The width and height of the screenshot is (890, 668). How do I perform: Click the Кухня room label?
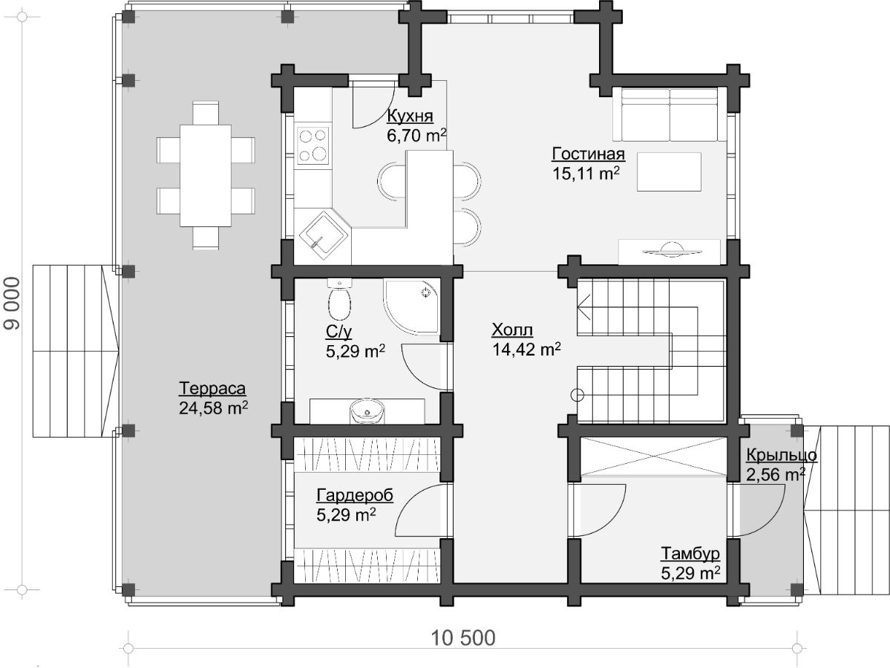tap(410, 116)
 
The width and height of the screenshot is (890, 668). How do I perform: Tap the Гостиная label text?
tap(588, 154)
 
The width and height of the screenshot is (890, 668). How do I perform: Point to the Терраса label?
tap(212, 388)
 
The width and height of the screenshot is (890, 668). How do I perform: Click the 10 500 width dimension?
tap(463, 638)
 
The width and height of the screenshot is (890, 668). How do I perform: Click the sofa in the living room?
tap(671, 114)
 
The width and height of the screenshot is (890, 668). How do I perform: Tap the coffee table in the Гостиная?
tap(669, 171)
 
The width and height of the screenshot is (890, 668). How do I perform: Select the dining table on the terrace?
tap(205, 175)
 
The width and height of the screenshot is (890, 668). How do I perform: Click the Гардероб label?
tap(355, 495)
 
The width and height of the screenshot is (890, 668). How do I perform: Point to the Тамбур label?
tap(690, 553)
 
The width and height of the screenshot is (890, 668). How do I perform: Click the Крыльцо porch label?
tap(781, 455)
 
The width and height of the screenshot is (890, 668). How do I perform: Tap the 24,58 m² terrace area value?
tap(214, 407)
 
